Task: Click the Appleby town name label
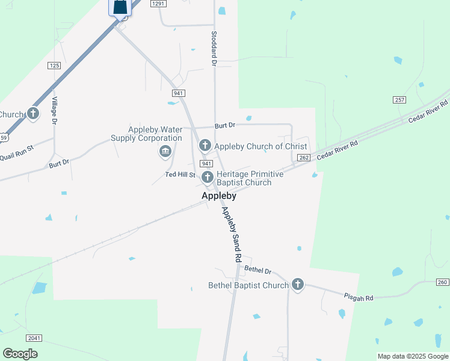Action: click(218, 196)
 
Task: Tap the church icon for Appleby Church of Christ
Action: click(205, 146)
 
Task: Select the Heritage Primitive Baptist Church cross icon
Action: click(208, 177)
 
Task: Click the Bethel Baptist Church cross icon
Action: click(297, 285)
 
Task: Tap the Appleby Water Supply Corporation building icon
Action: click(165, 151)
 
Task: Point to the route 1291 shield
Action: click(158, 4)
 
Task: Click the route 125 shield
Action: click(55, 65)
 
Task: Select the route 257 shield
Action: click(400, 99)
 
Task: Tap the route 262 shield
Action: click(304, 158)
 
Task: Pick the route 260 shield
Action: click(442, 282)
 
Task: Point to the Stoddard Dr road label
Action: click(214, 47)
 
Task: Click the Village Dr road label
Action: click(54, 110)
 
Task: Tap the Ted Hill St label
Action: click(181, 175)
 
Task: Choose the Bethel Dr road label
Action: click(259, 271)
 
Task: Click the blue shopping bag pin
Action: click(120, 7)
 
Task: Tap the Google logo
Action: click(20, 354)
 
